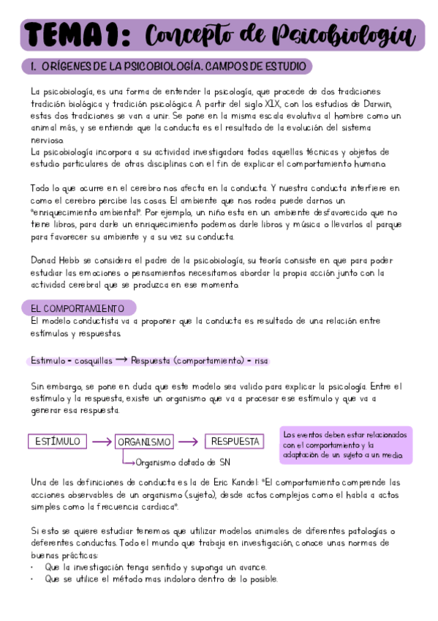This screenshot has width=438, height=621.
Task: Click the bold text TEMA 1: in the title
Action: point(77,35)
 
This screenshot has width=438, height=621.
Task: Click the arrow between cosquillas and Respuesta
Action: point(121,360)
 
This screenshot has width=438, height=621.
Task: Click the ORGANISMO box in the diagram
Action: point(144,442)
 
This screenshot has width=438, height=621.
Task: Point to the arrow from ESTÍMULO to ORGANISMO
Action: point(100,442)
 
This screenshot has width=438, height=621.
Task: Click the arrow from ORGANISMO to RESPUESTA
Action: point(189,442)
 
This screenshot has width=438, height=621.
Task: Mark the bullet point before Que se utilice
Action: point(34,579)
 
